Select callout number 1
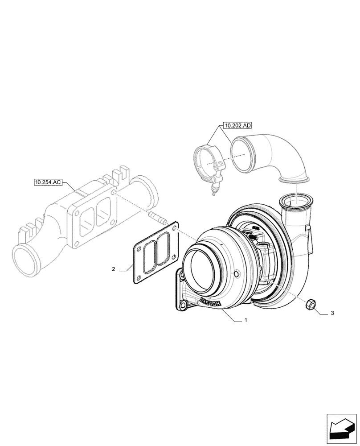[245, 320]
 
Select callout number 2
[114, 269]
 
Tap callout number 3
[332, 314]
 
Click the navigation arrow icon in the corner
[342, 429]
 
